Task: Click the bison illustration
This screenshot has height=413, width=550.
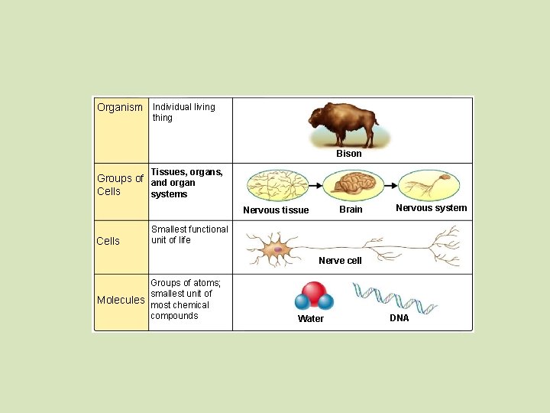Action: click(x=344, y=125)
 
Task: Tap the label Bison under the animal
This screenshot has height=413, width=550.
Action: click(x=349, y=154)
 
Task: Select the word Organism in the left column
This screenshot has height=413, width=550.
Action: click(x=120, y=107)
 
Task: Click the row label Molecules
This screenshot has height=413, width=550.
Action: click(x=121, y=300)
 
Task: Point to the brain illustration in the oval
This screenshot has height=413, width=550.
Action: click(x=353, y=185)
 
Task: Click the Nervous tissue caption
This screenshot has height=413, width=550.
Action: click(x=276, y=210)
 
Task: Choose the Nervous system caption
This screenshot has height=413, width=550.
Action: click(x=431, y=208)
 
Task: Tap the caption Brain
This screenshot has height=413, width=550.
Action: click(x=351, y=210)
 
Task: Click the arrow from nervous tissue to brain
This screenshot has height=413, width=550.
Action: click(x=316, y=185)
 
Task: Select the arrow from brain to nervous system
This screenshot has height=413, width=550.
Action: click(x=392, y=185)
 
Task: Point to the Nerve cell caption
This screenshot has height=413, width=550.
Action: click(x=340, y=261)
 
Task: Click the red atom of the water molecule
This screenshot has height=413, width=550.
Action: click(x=313, y=292)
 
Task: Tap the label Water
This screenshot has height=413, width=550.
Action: click(x=311, y=319)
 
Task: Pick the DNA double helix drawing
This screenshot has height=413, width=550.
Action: click(x=394, y=298)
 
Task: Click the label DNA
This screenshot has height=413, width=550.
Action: click(x=400, y=318)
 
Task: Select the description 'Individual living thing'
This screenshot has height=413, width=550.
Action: click(x=183, y=112)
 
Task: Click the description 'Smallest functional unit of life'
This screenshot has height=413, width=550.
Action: click(x=189, y=235)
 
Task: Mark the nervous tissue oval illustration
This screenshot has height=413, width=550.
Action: click(x=277, y=186)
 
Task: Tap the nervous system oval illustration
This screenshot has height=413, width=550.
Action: click(x=431, y=185)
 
